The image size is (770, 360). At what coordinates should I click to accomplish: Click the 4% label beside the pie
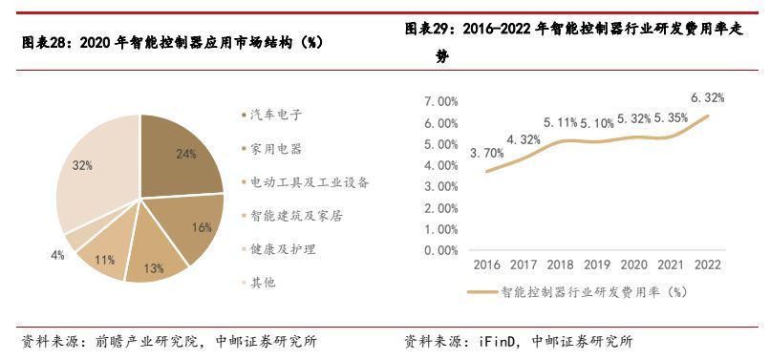[57, 255]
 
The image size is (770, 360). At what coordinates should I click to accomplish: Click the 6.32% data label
[707, 97]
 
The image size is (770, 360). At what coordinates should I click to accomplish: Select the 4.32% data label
[524, 139]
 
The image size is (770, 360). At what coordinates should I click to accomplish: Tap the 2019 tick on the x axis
[597, 265]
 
